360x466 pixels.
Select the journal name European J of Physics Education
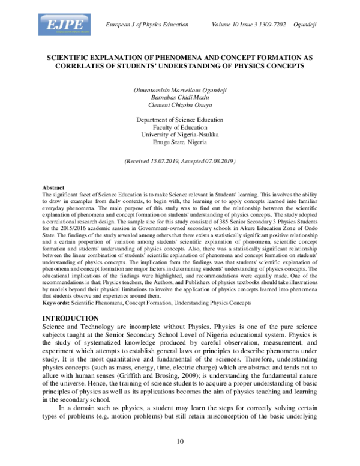point(146,24)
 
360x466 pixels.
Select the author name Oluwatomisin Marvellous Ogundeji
point(179,89)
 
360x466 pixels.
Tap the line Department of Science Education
point(179,120)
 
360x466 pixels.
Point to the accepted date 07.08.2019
point(217,162)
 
